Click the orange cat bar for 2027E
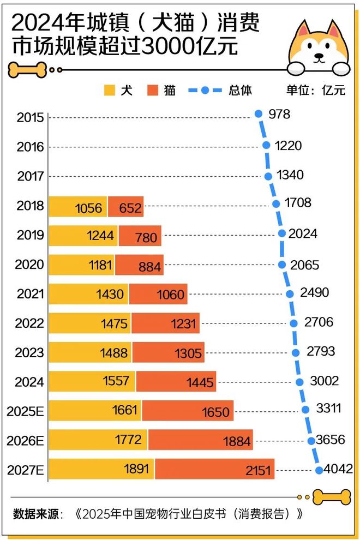tap(214, 469)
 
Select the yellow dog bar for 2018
tap(78, 207)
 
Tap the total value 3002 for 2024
tap(324, 381)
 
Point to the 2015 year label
tap(30, 117)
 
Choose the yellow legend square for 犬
tap(110, 91)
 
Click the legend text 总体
tap(240, 91)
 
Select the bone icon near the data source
tap(332, 496)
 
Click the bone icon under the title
tap(27, 69)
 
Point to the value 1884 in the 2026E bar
tap(237, 441)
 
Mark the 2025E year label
tap(25, 411)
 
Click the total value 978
tap(279, 115)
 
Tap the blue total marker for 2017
tap(268, 176)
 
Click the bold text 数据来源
tap(35, 514)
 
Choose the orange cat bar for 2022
tap(165, 323)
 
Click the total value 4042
tap(338, 469)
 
